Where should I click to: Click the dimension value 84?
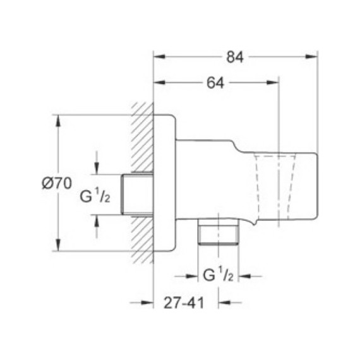235,57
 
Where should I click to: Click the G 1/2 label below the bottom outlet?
219,276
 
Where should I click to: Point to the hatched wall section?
141,183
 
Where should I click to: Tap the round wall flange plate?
164,183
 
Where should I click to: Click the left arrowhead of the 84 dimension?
159,57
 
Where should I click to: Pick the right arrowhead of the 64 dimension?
273,83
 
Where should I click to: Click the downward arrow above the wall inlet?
96,167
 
